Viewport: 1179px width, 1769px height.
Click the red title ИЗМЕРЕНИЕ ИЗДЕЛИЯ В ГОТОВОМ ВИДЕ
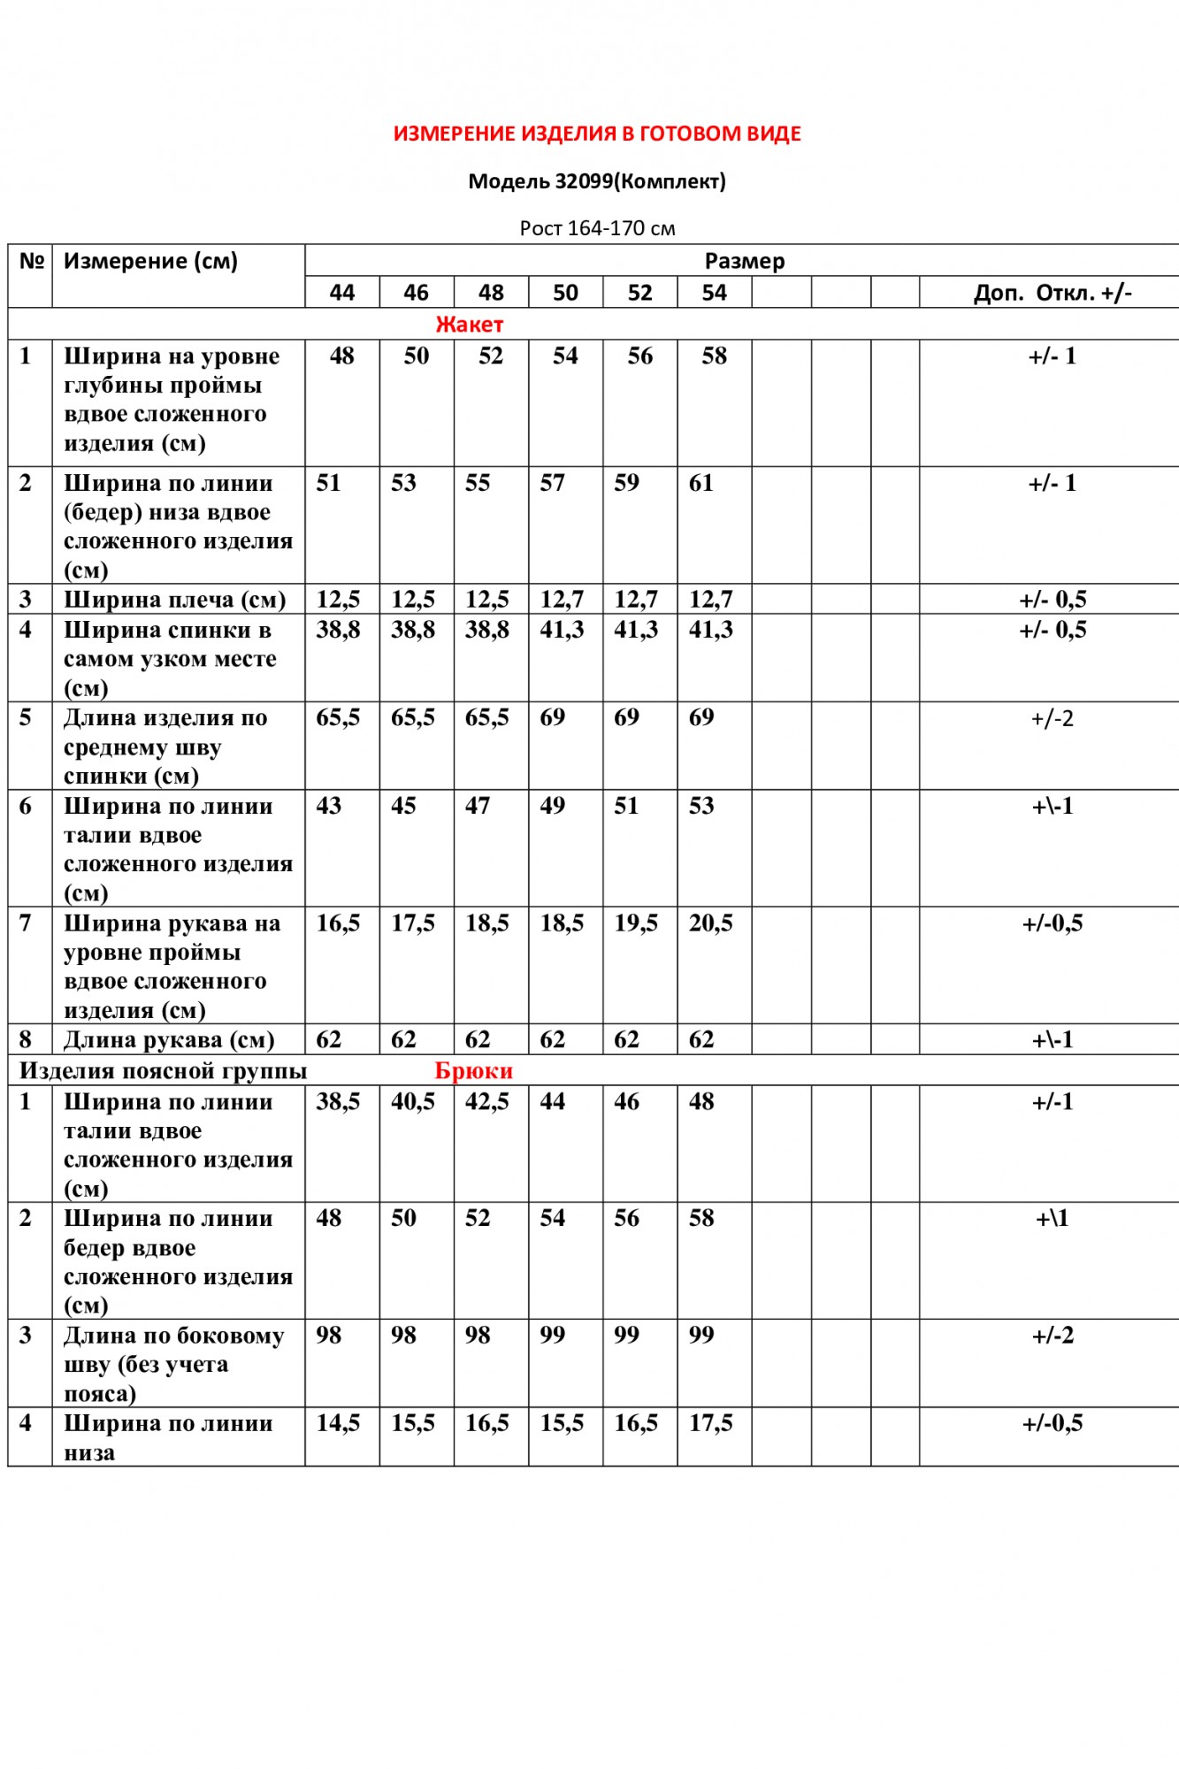(597, 134)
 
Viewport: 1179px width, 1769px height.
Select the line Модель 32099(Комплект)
(597, 182)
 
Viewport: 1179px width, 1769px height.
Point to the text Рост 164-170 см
(597, 229)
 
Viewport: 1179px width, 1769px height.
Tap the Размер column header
(744, 262)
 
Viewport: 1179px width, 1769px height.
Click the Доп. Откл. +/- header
(1052, 294)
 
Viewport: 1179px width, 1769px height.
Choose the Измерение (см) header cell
(150, 262)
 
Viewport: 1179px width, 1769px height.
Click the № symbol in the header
(31, 262)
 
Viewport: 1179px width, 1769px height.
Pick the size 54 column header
(714, 294)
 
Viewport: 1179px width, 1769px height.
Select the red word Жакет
(469, 325)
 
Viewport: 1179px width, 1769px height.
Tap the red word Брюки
(473, 1072)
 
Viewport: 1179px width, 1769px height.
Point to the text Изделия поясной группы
(163, 1072)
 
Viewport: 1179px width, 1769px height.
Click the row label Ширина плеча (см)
(174, 601)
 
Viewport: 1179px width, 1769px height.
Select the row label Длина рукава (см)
(169, 1041)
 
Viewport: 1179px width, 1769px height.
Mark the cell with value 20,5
(711, 924)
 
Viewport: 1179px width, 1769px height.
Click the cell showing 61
(701, 484)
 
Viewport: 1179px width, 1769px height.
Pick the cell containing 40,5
(413, 1103)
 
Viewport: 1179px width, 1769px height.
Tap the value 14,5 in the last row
(338, 1424)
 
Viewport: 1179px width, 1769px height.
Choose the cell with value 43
(329, 807)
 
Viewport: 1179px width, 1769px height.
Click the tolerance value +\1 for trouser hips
(1052, 1220)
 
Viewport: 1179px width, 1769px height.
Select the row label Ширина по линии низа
(168, 1438)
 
